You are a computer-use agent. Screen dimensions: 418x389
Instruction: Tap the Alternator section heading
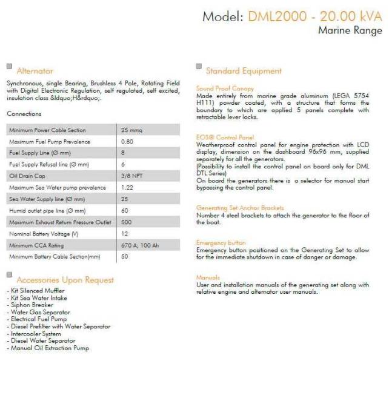35,71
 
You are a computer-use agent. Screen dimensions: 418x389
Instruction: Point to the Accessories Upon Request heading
65,280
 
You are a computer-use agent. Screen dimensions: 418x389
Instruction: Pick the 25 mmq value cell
131,130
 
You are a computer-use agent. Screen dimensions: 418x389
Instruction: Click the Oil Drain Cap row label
28,176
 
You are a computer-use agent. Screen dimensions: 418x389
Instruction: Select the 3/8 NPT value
132,176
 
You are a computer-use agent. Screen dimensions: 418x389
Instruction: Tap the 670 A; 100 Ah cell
141,245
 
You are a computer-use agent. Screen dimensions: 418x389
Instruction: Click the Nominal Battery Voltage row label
44,234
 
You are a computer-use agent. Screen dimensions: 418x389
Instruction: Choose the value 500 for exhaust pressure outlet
127,222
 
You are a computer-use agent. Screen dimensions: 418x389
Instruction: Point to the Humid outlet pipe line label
47,211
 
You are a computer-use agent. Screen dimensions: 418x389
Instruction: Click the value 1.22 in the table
127,188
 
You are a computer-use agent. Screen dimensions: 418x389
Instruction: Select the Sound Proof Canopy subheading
225,88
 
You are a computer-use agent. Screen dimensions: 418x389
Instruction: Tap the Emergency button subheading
221,243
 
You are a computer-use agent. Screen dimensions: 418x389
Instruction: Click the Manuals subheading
208,277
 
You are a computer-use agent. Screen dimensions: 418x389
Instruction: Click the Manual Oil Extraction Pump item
50,348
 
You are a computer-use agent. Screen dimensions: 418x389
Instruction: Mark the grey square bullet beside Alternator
9,67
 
